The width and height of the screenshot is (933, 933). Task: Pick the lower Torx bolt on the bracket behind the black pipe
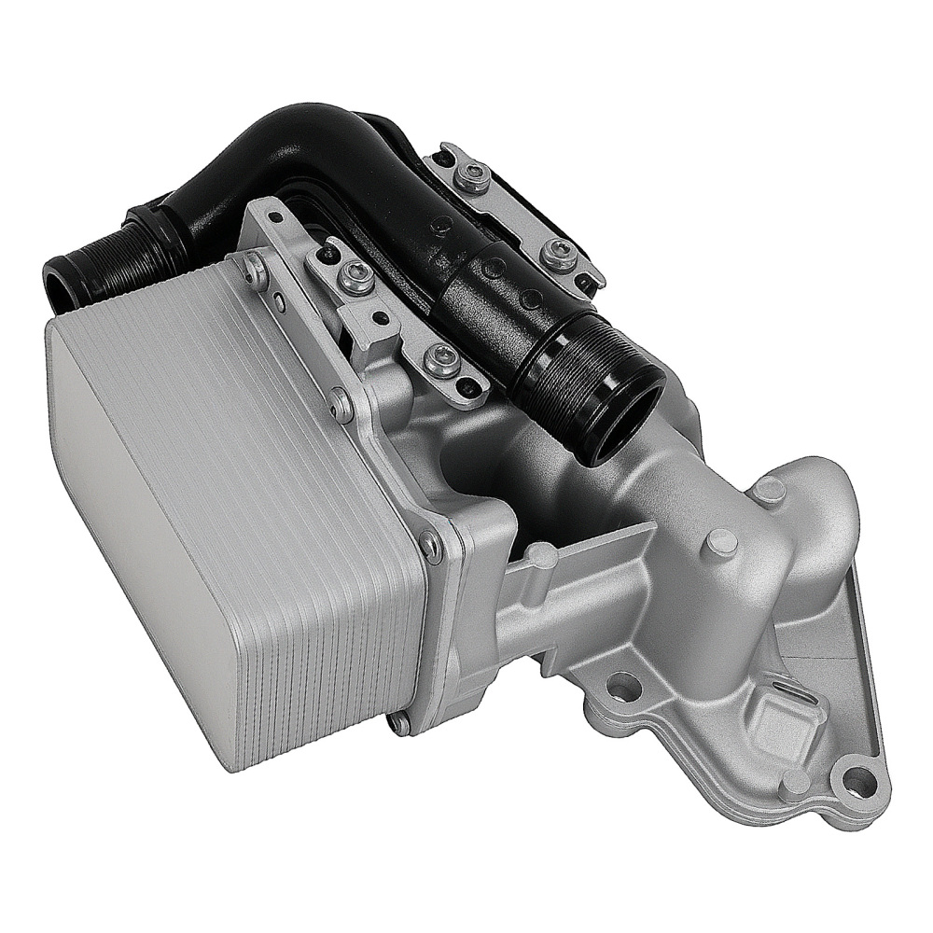coord(560,250)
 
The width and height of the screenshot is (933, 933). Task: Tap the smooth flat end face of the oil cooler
coord(140,522)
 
